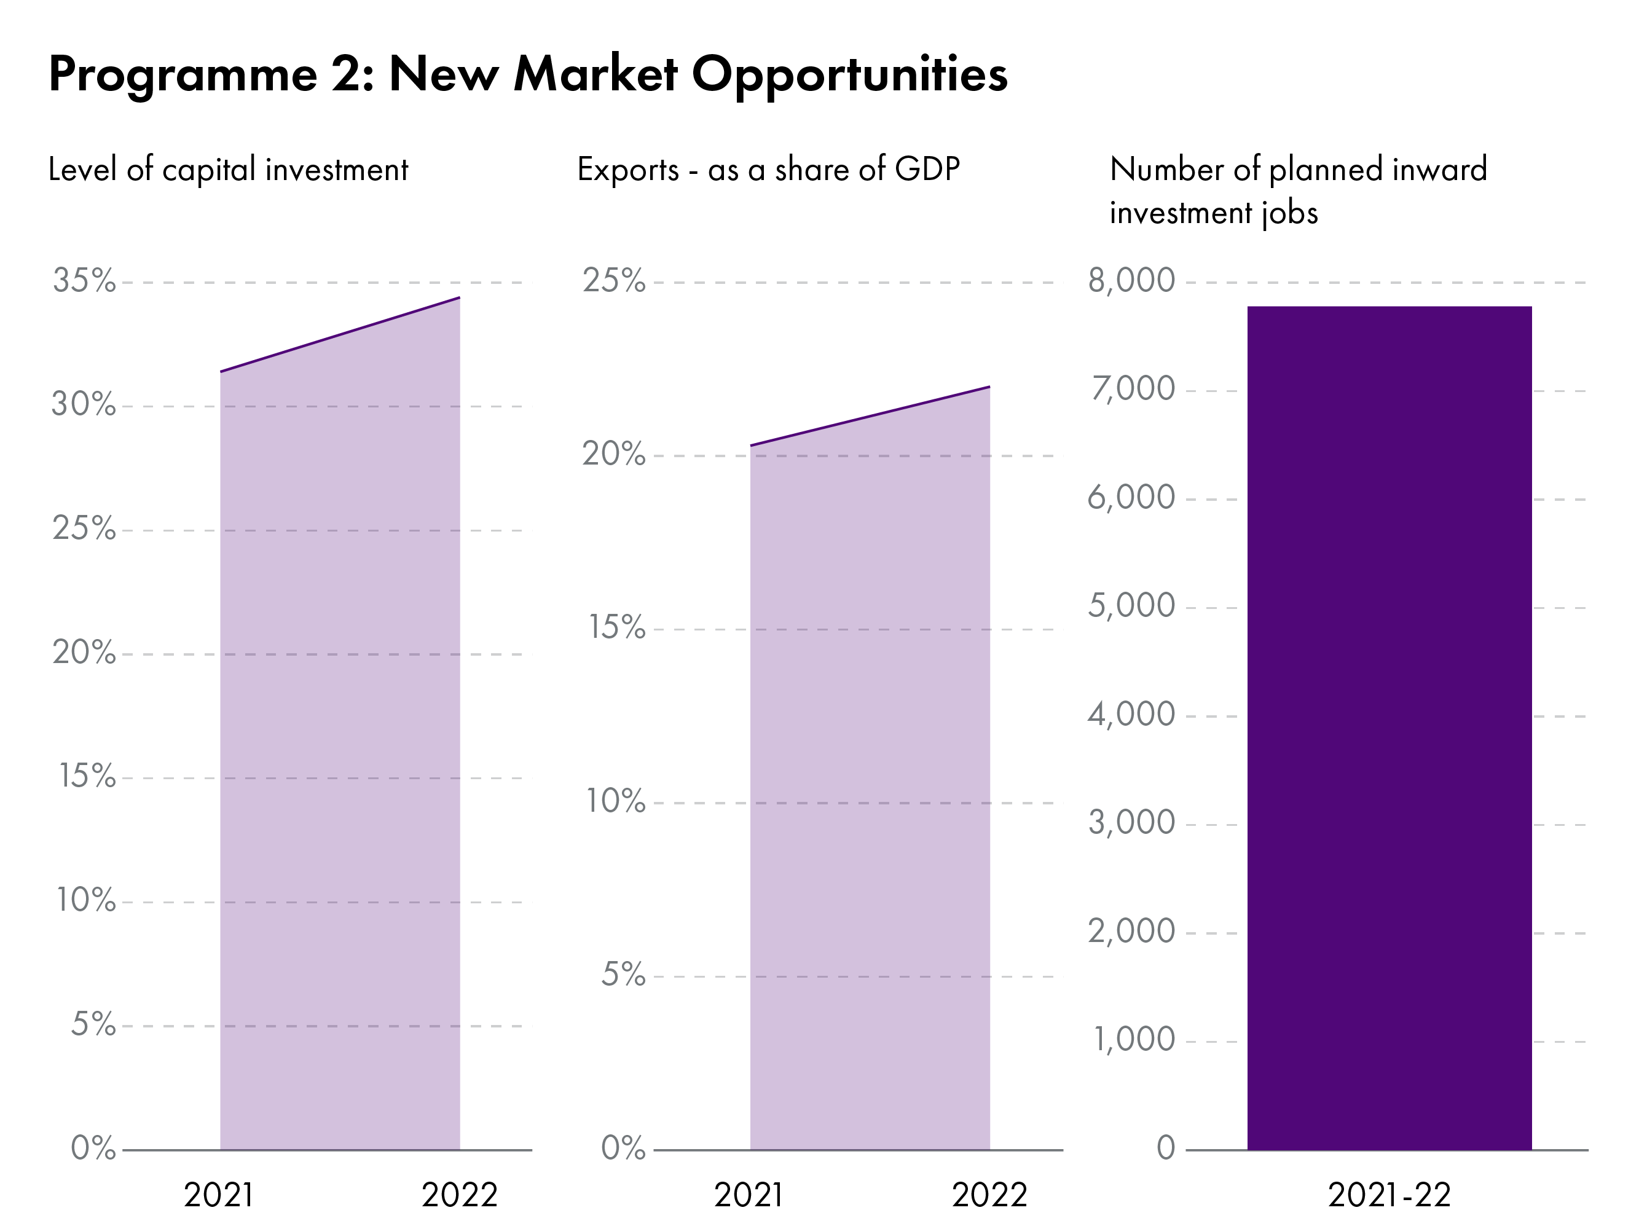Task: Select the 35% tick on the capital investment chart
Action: pyautogui.click(x=84, y=281)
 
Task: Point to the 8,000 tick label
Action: pyautogui.click(x=1131, y=281)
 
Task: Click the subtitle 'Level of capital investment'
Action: pyautogui.click(x=228, y=170)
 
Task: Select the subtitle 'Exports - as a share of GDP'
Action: pyautogui.click(x=768, y=170)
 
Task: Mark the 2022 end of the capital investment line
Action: pyautogui.click(x=460, y=298)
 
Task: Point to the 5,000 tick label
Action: pyautogui.click(x=1131, y=606)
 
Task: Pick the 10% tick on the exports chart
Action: pyautogui.click(x=616, y=801)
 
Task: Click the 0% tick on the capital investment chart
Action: pyautogui.click(x=93, y=1149)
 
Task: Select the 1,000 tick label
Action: pyautogui.click(x=1134, y=1039)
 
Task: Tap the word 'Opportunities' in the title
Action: pyautogui.click(x=849, y=75)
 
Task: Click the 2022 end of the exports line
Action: pyautogui.click(x=989, y=387)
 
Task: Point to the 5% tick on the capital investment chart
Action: pyautogui.click(x=93, y=1024)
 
